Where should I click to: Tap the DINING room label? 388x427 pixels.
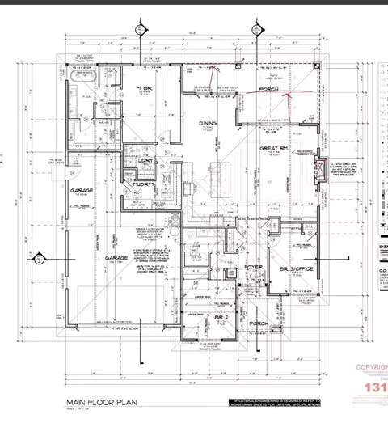[206, 124]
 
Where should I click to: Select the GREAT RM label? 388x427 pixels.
[269, 149]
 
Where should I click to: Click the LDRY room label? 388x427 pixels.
[146, 161]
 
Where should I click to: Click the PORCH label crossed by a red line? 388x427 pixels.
[268, 91]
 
